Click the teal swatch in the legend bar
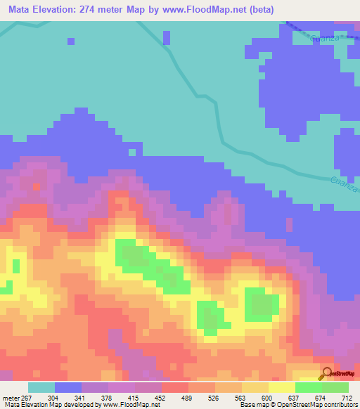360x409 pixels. (x=41, y=387)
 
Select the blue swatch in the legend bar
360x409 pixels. (x=68, y=387)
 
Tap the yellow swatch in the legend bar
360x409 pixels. (x=282, y=387)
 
